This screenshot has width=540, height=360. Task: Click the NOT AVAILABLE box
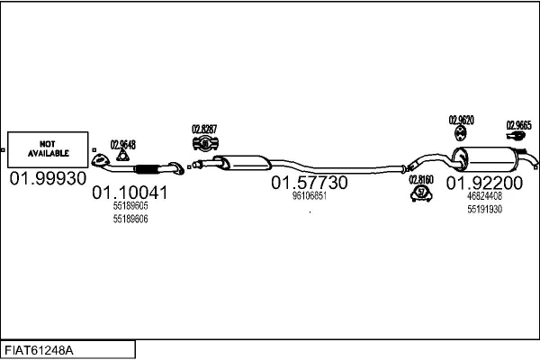[47, 148]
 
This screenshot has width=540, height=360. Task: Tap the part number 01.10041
[130, 193]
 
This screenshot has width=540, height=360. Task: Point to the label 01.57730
[309, 182]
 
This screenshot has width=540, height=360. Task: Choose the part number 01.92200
[483, 183]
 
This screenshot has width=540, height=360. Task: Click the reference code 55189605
[130, 206]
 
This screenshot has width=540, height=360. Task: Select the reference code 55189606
[130, 219]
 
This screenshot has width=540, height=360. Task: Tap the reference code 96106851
[309, 195]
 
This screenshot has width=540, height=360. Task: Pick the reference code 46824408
[483, 196]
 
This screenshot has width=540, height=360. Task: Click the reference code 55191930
[483, 209]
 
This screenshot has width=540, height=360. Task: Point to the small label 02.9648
[122, 144]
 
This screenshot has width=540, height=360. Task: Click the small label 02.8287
[203, 129]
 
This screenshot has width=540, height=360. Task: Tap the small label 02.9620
[461, 119]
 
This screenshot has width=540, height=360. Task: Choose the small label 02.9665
[518, 125]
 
